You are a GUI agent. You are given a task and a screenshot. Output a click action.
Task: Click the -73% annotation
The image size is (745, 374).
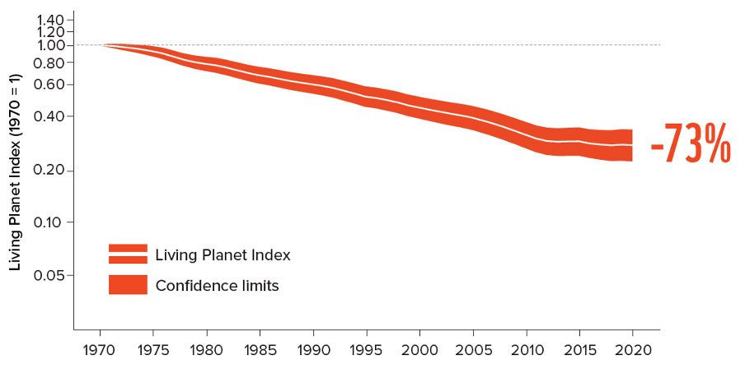point(691,147)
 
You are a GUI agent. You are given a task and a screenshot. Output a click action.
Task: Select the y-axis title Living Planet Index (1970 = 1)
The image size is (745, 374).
point(15,171)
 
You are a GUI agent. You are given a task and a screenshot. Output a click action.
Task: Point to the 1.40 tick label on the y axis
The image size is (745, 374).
point(49,18)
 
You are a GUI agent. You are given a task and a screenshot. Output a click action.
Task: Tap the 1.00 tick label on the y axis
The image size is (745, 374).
point(49,44)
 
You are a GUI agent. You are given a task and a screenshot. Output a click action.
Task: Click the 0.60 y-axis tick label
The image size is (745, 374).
point(49,85)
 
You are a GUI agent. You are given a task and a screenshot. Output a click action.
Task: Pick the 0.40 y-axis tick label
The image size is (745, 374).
point(49,116)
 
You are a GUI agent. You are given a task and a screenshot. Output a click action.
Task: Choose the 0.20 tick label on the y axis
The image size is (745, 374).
point(49,171)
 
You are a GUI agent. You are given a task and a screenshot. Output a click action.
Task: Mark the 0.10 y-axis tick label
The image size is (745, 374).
point(49,222)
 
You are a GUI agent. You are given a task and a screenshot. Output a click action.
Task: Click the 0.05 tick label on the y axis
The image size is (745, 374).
point(49,274)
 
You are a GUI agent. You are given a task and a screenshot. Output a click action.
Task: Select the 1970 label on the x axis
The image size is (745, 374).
point(100,348)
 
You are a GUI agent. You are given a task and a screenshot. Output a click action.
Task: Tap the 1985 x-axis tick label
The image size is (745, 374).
point(260,348)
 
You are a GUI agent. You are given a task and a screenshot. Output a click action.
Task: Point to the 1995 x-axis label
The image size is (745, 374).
point(367,348)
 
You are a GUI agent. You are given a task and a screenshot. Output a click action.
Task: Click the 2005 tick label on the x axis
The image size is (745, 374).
point(473,348)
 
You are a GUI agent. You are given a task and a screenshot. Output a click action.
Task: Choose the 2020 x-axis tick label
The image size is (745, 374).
point(633,348)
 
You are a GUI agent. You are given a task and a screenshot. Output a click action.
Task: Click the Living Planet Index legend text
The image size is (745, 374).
point(223,255)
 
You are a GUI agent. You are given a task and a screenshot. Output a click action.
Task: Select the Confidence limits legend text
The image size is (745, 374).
point(217,286)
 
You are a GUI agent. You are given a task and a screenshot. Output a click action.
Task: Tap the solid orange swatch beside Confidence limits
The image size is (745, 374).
point(128,285)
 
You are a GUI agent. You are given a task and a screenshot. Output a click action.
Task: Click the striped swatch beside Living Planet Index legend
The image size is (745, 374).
point(128,254)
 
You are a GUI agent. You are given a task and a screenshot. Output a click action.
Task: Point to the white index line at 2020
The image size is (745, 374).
point(631,145)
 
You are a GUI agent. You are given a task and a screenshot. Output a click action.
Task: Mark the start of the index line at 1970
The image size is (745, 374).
point(101,44)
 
